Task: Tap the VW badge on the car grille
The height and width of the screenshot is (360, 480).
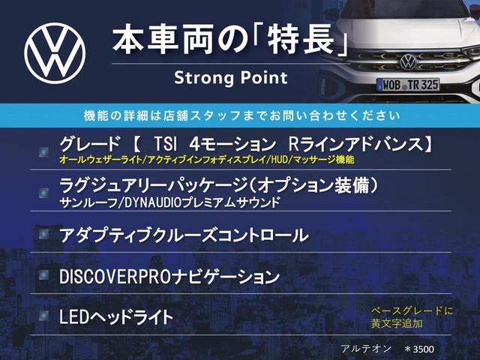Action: [407, 61]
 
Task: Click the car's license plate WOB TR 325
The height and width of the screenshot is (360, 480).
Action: [408, 85]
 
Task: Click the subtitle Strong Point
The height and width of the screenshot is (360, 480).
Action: [230, 78]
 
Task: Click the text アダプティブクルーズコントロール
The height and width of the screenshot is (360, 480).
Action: [183, 235]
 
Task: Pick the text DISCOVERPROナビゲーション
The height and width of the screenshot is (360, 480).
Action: [169, 276]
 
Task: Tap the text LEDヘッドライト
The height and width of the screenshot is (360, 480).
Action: [115, 316]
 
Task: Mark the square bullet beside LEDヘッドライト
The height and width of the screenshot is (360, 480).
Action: [46, 316]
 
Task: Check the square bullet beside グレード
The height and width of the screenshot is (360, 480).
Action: [46, 151]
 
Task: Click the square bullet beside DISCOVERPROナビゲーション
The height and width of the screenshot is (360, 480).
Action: [46, 276]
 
